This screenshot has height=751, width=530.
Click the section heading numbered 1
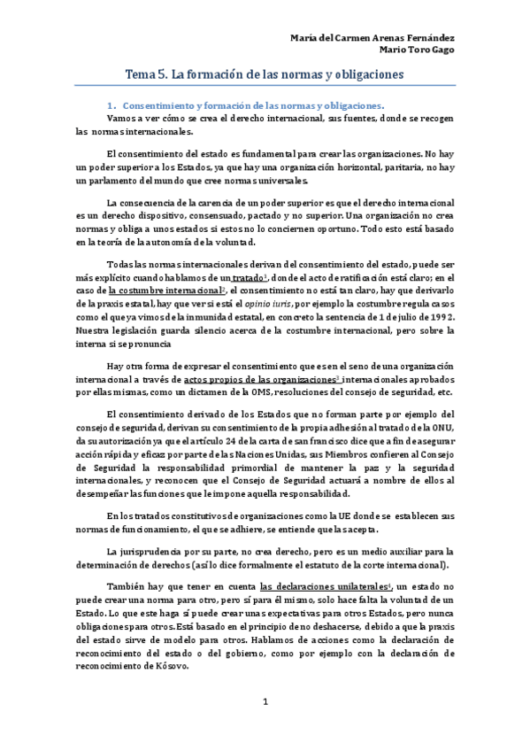coord(245,105)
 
